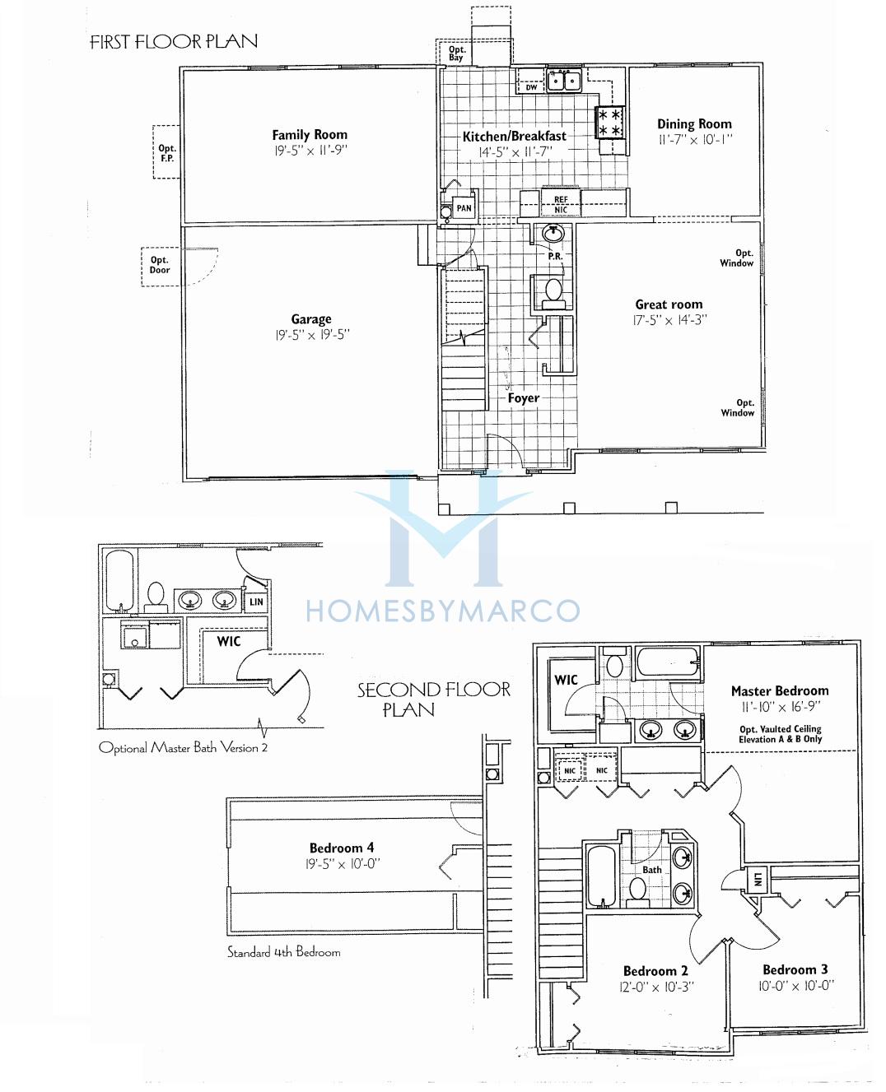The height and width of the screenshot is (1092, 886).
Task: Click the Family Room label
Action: tap(310, 135)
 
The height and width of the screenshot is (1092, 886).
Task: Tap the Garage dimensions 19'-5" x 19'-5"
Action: tap(312, 335)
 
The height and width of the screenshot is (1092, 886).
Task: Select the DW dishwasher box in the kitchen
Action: tap(531, 87)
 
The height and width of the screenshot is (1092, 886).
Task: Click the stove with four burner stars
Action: tap(609, 122)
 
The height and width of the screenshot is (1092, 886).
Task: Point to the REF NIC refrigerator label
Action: tap(561, 205)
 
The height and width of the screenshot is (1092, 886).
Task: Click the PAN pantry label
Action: tap(464, 208)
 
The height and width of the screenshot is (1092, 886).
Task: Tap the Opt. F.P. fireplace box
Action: tap(166, 152)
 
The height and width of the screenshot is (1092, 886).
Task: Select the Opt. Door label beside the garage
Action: tap(160, 265)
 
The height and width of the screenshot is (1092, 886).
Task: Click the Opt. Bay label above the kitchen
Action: tap(456, 53)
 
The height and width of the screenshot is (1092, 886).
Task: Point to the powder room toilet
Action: tap(553, 294)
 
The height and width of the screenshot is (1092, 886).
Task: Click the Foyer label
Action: tap(524, 397)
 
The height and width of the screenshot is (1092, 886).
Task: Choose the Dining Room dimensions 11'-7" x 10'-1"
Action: tap(695, 139)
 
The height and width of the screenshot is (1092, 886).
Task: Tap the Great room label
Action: tap(669, 304)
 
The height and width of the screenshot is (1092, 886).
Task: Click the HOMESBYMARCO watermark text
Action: tap(443, 611)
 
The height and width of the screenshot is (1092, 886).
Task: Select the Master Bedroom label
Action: tap(780, 690)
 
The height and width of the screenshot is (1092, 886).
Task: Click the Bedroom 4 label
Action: tap(343, 848)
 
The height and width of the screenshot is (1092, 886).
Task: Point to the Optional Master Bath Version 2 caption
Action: tap(183, 748)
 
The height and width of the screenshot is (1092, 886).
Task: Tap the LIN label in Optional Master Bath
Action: tap(256, 602)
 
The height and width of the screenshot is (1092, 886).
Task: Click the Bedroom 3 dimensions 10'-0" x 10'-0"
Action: tap(796, 986)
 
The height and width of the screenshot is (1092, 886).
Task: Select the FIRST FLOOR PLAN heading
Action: tap(174, 41)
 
